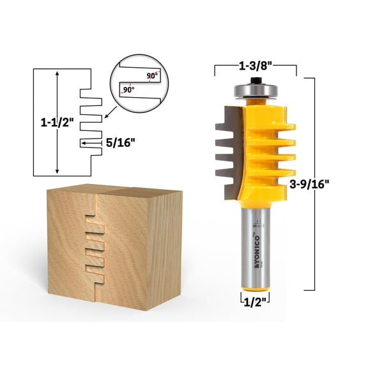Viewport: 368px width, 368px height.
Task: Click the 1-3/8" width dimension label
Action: (256, 66)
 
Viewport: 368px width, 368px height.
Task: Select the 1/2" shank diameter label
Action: (256, 299)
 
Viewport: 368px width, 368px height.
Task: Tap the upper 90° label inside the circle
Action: (151, 74)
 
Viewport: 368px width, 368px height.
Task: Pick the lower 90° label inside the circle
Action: (128, 90)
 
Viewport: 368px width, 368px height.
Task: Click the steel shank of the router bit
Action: (256, 249)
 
